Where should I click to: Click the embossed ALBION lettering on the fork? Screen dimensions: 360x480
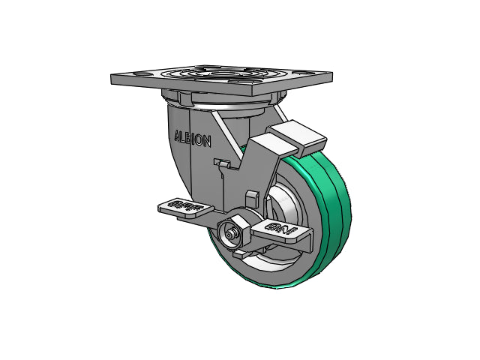(193, 139)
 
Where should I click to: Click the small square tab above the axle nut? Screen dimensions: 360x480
(252, 198)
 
